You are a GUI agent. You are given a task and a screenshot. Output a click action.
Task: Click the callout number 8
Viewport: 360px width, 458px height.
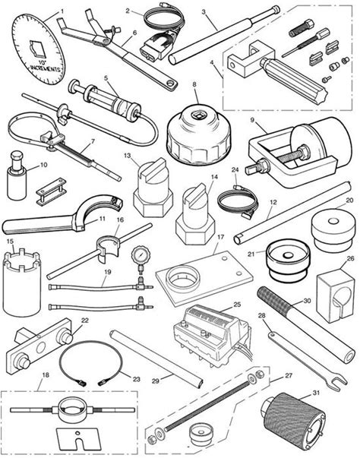pyautogui.click(x=194, y=84)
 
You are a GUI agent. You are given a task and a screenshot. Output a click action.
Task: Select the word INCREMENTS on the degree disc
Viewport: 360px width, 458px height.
pyautogui.click(x=46, y=68)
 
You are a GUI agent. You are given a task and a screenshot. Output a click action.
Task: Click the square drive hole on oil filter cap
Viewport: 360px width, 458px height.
pyautogui.click(x=199, y=115)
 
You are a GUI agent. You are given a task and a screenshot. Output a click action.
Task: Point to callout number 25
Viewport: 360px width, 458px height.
pyautogui.click(x=237, y=305)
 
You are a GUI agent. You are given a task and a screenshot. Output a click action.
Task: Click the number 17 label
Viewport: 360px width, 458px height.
pyautogui.click(x=221, y=237)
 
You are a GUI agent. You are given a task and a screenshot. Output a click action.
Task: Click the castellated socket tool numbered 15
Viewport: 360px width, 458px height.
pyautogui.click(x=22, y=282)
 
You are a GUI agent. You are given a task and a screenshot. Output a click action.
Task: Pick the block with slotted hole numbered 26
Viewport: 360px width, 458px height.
pyautogui.click(x=336, y=295)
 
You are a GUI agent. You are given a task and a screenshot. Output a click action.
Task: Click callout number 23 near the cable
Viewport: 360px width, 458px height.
pyautogui.click(x=137, y=379)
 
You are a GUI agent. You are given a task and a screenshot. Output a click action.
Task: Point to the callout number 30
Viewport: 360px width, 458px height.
pyautogui.click(x=307, y=301)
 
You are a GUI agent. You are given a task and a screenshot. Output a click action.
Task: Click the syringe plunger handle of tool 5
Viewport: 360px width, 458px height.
pyautogui.click(x=74, y=86)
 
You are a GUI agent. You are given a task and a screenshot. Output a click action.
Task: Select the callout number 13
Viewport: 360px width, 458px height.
pyautogui.click(x=128, y=156)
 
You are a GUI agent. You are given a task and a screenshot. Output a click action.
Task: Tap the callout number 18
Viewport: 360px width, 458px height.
pyautogui.click(x=46, y=374)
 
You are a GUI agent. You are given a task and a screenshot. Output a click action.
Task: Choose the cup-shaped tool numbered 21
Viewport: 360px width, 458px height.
pyautogui.click(x=288, y=261)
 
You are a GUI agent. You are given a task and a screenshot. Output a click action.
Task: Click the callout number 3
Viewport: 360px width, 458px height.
pyautogui.click(x=204, y=11)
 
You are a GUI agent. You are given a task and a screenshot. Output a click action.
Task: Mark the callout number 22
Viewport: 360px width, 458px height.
pyautogui.click(x=84, y=320)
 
